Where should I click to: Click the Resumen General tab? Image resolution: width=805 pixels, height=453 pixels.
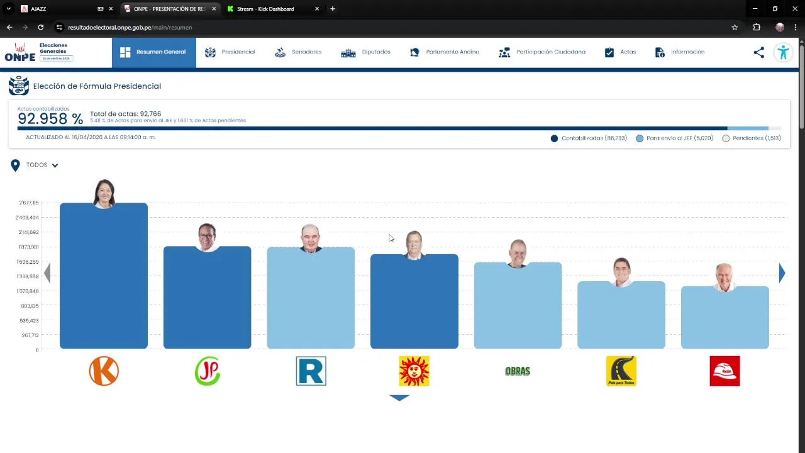click(x=153, y=52)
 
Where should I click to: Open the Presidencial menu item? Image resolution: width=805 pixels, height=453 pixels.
click(x=230, y=52)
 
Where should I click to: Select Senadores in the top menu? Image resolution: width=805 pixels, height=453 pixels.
click(x=299, y=52)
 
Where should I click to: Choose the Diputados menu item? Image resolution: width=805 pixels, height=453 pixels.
click(x=366, y=52)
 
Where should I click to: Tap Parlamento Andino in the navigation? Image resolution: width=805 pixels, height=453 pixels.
click(x=445, y=52)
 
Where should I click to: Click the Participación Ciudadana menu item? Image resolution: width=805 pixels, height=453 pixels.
click(x=542, y=52)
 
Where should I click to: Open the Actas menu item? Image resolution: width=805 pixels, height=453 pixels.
click(x=620, y=52)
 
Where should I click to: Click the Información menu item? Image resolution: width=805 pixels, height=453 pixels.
click(x=680, y=52)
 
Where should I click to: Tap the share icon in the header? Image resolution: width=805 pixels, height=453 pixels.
click(x=759, y=53)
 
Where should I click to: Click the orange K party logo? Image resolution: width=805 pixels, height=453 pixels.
click(x=104, y=371)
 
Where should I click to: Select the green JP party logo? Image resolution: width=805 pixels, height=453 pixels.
click(x=208, y=371)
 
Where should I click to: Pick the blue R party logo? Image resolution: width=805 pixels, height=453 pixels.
click(x=311, y=371)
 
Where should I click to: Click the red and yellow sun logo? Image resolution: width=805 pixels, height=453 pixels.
click(x=414, y=371)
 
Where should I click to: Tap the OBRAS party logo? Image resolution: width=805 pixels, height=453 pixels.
click(x=518, y=371)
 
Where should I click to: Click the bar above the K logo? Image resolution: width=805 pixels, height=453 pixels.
click(x=104, y=277)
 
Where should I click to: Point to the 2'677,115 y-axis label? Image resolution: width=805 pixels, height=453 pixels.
click(x=29, y=203)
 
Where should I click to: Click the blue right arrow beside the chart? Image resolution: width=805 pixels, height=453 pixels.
click(x=782, y=272)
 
